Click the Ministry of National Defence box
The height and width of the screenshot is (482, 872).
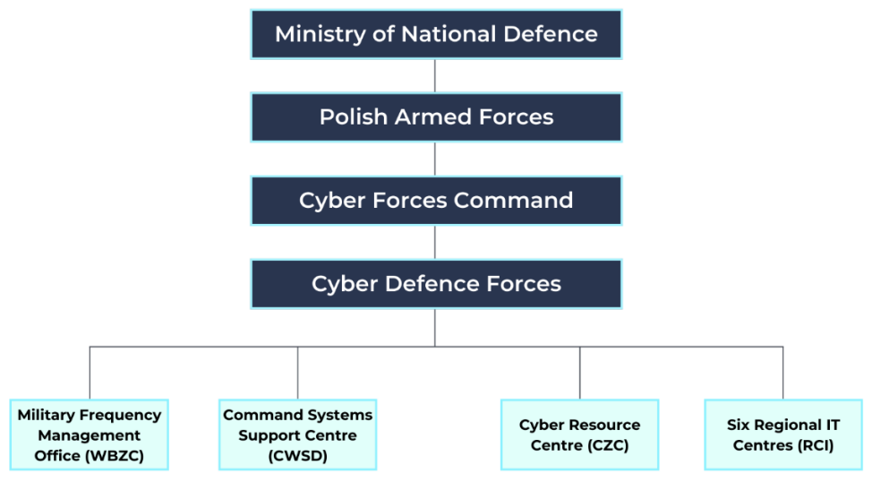click(x=436, y=34)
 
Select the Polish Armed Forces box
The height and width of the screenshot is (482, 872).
click(x=436, y=117)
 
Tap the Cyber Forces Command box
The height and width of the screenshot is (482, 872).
click(x=436, y=200)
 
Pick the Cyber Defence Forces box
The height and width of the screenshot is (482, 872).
click(x=436, y=284)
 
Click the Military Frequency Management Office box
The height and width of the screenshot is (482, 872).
click(x=90, y=435)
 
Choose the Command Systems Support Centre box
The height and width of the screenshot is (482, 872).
click(x=298, y=435)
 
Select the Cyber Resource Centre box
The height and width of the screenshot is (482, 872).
click(x=579, y=435)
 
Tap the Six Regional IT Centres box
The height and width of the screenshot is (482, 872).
click(x=783, y=435)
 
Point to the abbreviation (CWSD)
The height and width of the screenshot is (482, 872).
click(x=298, y=456)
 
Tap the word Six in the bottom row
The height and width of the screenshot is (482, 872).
click(x=740, y=425)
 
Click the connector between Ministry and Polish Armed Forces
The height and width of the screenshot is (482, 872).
click(x=435, y=76)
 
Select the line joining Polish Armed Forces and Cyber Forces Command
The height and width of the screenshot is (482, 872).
click(x=435, y=159)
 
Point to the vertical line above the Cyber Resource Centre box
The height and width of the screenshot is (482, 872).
click(x=579, y=373)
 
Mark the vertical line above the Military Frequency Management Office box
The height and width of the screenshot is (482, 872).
click(x=90, y=373)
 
